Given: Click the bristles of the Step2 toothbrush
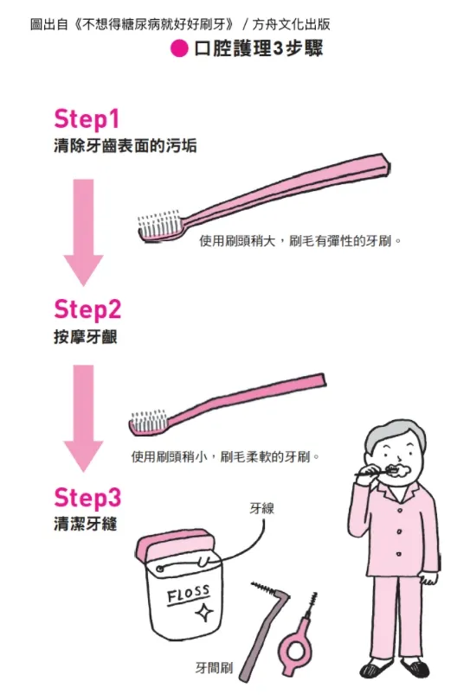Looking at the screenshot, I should (x=146, y=422).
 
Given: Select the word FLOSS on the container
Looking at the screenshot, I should (x=188, y=595).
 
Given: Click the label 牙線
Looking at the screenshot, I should (x=261, y=508).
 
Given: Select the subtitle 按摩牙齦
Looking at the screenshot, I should (x=85, y=337).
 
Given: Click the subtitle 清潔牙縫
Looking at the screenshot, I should (x=85, y=525).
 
